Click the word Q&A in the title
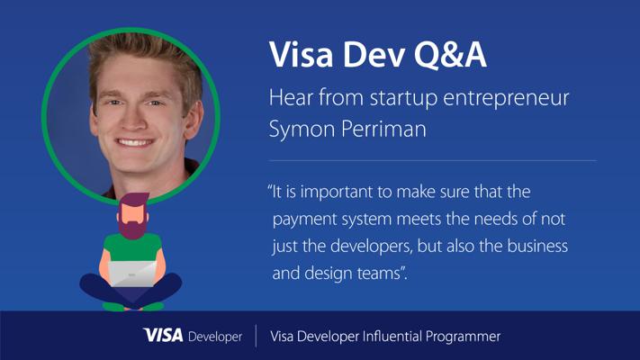pos(450,55)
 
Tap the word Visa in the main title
pos(302,54)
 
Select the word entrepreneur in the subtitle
pos(506,99)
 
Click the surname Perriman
pos(383,129)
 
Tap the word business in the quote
pos(537,246)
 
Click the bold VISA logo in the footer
pos(163,336)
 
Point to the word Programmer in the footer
pos(463,337)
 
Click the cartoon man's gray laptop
pos(132,274)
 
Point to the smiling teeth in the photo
pos(134,143)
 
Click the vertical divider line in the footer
pos(257,336)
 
